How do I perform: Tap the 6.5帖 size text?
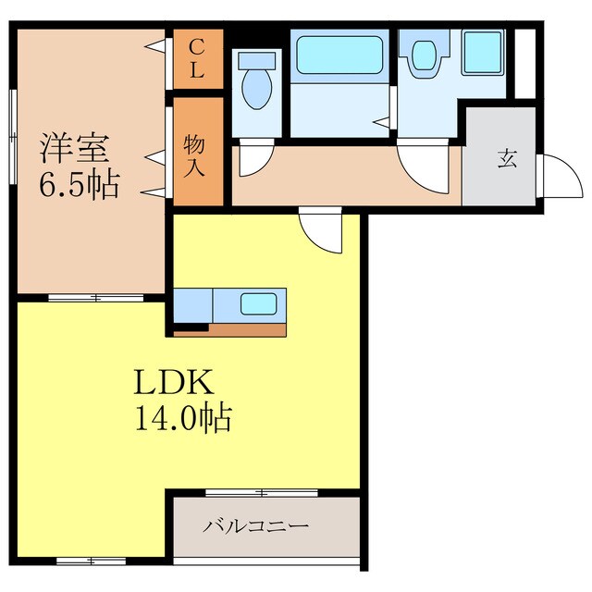pyautogui.click(x=78, y=185)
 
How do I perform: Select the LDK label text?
pyautogui.click(x=175, y=381)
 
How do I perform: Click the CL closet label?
pyautogui.click(x=198, y=58)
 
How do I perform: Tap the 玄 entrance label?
pyautogui.click(x=507, y=158)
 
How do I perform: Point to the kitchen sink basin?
pyautogui.click(x=258, y=304)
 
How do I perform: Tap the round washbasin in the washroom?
pyautogui.click(x=425, y=56)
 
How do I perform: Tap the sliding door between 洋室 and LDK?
pyautogui.click(x=90, y=298)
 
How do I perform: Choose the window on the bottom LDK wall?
pyautogui.click(x=91, y=561)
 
